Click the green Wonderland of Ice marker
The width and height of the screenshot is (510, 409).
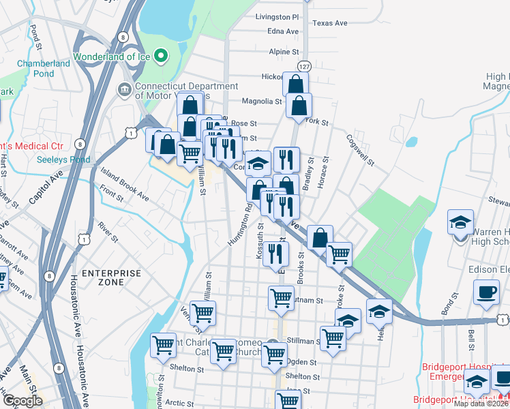pos(161,55)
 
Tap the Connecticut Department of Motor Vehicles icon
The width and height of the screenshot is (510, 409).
pos(124,89)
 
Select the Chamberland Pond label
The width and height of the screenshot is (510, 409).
pos(44,68)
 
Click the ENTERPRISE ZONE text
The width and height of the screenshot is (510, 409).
pos(112,277)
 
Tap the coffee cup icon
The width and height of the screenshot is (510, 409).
pos(487,292)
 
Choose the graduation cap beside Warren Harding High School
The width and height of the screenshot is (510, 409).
pos(460,222)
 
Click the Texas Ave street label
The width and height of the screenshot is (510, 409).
pos(329,23)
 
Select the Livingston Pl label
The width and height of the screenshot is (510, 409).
pos(277,16)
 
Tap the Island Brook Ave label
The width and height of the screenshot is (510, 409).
pos(124,186)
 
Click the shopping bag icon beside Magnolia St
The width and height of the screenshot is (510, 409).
pos(299,106)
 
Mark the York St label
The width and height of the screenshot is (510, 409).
pos(318,123)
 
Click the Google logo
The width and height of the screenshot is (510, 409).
pos(22,401)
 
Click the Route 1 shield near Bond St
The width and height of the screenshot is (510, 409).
pos(503,320)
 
